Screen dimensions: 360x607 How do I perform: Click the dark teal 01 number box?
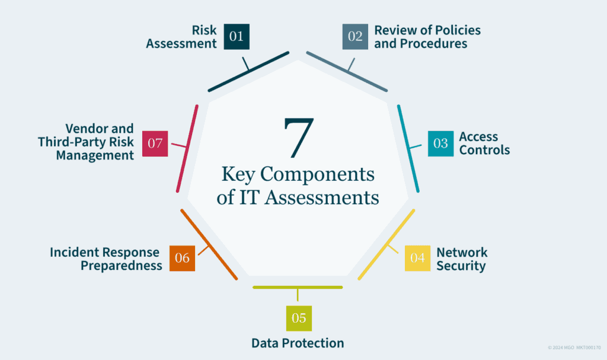[237, 37]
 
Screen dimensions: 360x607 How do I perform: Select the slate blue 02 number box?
[355, 37]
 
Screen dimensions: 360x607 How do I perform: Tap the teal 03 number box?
[440, 144]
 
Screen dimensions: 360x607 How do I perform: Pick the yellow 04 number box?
[417, 258]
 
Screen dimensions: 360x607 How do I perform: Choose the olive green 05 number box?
[298, 318]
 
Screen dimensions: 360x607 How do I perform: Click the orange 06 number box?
[182, 258]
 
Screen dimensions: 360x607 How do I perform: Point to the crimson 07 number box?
[155, 144]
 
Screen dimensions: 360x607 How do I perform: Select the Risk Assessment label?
[181, 37]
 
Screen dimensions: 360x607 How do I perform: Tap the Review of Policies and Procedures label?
[427, 37]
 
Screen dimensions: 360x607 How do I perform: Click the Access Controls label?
[484, 144]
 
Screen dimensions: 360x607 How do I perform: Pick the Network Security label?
[462, 259]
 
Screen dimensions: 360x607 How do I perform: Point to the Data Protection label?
[298, 343]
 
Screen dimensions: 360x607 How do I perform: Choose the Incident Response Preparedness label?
[106, 259]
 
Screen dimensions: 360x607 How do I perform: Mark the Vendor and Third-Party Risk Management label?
[86, 142]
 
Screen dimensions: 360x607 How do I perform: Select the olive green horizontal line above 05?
[298, 287]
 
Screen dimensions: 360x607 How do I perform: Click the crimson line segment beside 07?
[186, 148]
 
